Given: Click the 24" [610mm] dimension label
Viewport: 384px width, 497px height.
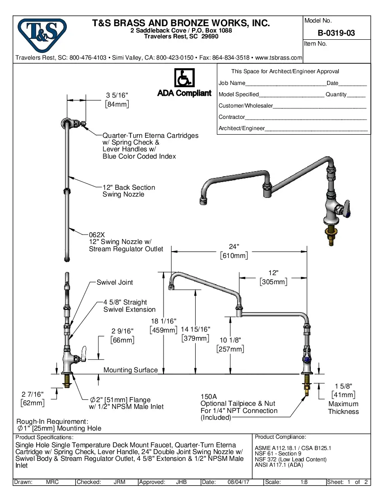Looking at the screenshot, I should click(x=234, y=251).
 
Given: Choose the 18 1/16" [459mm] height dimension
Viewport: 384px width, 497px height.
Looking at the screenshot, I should click(x=163, y=325).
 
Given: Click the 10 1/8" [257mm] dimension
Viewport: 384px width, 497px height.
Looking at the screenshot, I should click(x=231, y=344).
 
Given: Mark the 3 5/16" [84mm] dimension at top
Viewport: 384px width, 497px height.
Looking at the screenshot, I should click(x=117, y=100).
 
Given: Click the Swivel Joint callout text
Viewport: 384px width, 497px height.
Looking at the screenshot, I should click(x=115, y=282).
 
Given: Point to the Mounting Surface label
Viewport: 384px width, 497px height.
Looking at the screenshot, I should click(x=131, y=370).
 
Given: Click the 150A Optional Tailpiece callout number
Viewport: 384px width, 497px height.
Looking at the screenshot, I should click(x=208, y=396).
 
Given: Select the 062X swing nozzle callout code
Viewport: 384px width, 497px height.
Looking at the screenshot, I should click(x=97, y=235).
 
